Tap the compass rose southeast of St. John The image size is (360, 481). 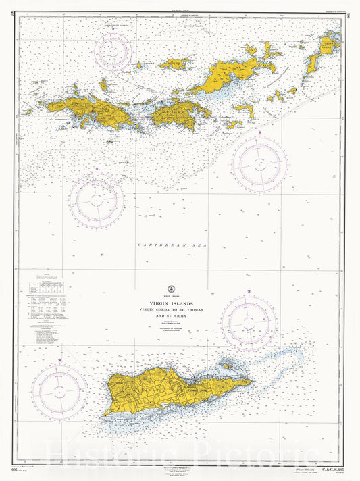259,162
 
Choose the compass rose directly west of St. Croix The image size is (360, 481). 59,390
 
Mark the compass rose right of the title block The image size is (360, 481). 249,320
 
